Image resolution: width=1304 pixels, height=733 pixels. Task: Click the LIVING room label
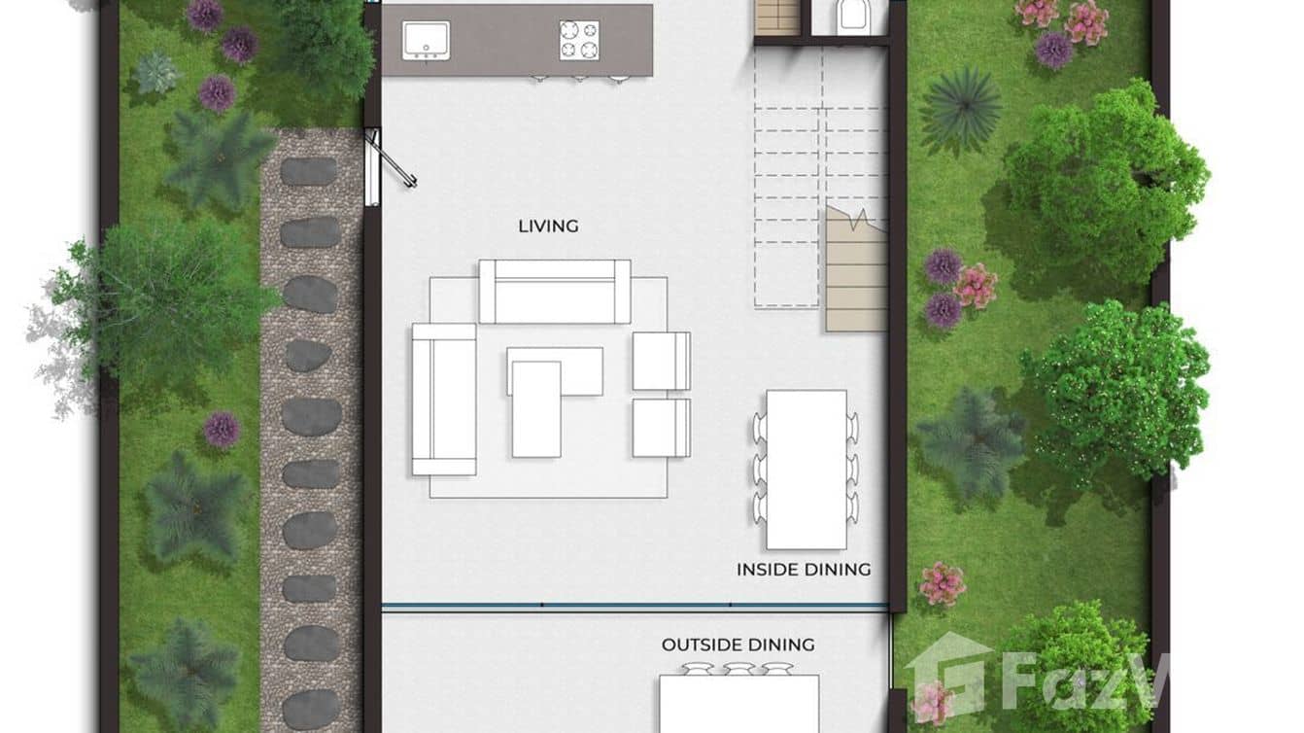coord(548,227)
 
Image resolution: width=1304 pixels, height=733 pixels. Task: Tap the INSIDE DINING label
coord(803,570)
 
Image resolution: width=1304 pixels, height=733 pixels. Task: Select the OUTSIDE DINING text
coord(738,645)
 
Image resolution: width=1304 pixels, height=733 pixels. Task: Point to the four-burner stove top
coord(578,40)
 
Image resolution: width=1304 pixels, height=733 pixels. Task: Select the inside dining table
coord(806,469)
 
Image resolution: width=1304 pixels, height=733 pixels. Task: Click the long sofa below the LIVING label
coord(554,291)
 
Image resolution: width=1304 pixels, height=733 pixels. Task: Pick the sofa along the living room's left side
coord(443,399)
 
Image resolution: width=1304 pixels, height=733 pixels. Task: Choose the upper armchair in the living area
coord(661,361)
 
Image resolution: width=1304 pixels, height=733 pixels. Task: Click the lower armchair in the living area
coord(661,427)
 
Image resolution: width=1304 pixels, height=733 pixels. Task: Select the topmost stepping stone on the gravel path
coord(308,172)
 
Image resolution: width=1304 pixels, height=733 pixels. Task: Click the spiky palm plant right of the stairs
coord(960,110)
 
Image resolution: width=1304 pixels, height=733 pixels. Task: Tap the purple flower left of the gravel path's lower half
coord(222,429)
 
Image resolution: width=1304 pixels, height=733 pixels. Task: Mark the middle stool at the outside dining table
coord(738,669)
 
